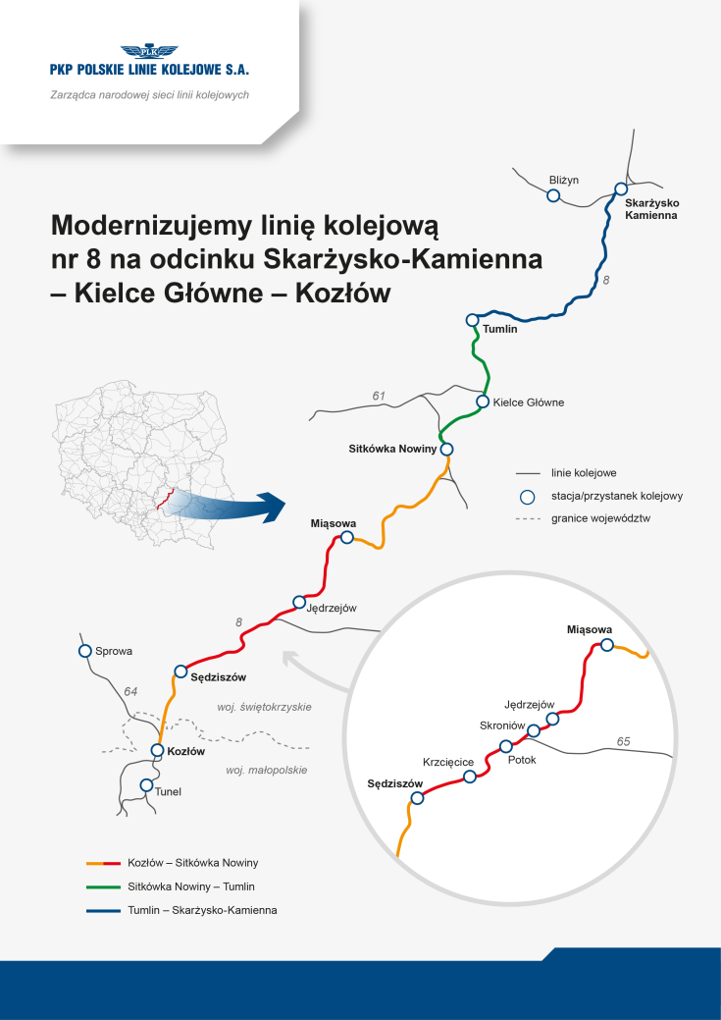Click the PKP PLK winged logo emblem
150,52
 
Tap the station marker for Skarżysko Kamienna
621,189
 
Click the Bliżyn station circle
553,196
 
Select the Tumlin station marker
473,320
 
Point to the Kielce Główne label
528,403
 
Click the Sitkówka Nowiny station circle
446,450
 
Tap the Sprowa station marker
85,650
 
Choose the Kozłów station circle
157,751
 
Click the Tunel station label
169,791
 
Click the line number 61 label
379,396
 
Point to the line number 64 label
130,692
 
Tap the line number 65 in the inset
624,740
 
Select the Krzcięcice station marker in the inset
470,777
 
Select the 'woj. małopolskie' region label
267,771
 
